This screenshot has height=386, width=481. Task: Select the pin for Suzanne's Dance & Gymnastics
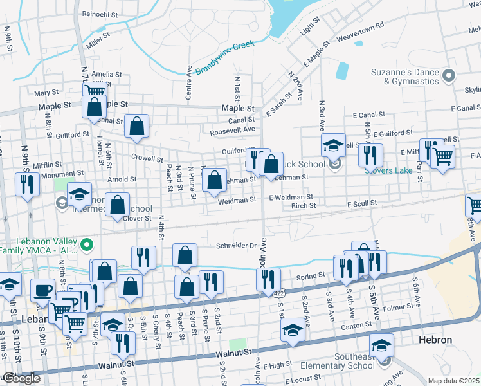pyautogui.click(x=449, y=75)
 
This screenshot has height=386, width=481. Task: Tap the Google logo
pyautogui.click(x=21, y=378)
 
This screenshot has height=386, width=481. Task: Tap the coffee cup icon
pyautogui.click(x=43, y=289)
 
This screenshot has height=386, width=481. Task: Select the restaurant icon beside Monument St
pyautogui.click(x=27, y=184)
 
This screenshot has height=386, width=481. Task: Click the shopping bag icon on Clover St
pyautogui.click(x=118, y=205)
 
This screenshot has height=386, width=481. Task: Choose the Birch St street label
pyautogui.click(x=304, y=207)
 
